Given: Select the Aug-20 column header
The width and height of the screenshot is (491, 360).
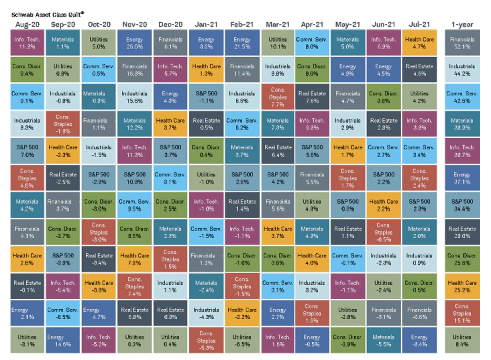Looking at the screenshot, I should pos(27,24).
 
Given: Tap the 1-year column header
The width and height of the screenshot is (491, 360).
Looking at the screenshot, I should pos(462,24).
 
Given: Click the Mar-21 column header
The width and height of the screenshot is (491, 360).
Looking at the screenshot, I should pos(277,24).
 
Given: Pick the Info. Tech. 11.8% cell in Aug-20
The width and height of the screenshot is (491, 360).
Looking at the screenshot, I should pos(27,43).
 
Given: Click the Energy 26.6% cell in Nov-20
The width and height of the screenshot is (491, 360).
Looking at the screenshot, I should pos(134,43).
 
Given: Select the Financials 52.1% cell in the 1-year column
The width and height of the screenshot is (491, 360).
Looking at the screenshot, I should pos(462,43).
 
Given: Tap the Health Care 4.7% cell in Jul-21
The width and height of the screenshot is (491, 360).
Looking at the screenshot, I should pos(419,43).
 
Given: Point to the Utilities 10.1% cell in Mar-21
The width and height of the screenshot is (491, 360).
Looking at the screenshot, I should pos(278,43).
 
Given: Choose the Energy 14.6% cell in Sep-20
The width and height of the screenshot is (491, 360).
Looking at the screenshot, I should pos(63,341).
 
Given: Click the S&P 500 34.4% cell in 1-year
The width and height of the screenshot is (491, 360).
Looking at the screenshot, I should pos(462,205).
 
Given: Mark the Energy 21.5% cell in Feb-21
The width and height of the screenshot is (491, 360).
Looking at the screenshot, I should pos(242,43).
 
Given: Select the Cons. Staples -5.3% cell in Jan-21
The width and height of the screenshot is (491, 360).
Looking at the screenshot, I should pos(206,341).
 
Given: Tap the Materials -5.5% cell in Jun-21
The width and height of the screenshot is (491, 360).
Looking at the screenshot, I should pos(383,341).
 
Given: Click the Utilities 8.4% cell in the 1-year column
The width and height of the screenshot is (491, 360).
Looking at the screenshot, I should pos(462,341).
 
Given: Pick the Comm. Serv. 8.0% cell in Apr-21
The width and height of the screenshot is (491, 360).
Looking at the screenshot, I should pos(312,43).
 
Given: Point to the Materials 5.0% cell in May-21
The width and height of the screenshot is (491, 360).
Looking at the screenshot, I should pos(347,43).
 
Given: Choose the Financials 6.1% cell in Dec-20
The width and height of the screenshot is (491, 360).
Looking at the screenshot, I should pos(170,43).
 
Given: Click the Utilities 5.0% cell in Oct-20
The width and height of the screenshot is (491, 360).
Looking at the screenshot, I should pos(99,43).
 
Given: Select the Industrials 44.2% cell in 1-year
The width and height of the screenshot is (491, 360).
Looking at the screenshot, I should pos(462,70).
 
